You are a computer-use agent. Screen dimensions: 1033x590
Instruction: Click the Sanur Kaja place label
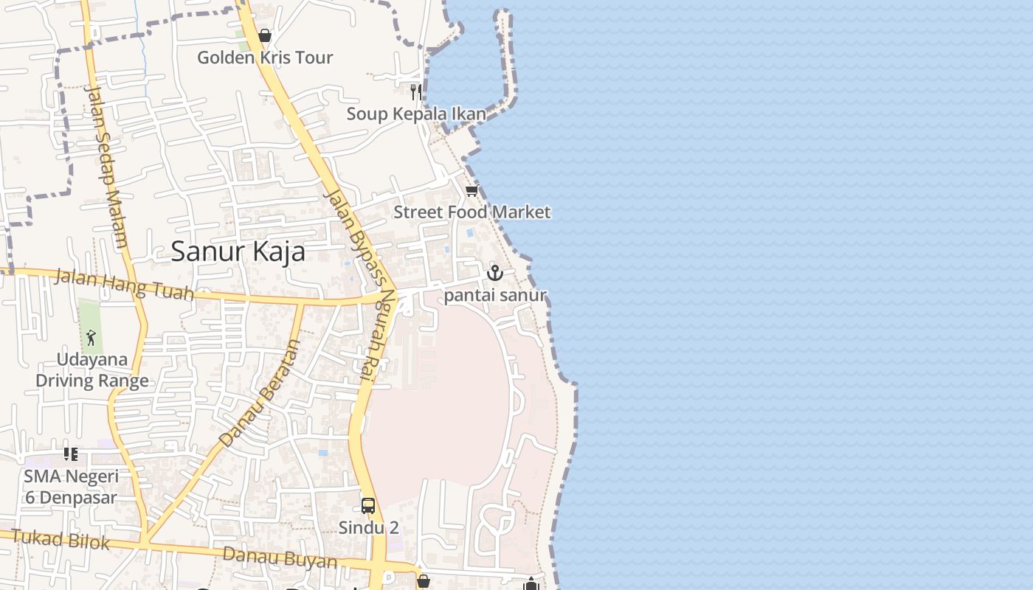point(238,251)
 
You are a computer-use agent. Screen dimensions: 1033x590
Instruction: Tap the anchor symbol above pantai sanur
point(494,273)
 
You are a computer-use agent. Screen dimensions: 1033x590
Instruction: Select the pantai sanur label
point(495,296)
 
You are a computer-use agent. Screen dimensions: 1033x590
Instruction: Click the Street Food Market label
point(471,212)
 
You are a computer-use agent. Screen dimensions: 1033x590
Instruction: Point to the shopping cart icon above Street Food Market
point(471,191)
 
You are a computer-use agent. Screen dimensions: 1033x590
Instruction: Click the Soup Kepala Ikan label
point(416,114)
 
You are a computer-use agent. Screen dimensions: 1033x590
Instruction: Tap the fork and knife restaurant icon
point(416,92)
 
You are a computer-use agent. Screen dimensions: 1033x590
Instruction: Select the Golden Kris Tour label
point(265,58)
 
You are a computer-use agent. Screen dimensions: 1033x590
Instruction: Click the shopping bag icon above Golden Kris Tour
point(265,35)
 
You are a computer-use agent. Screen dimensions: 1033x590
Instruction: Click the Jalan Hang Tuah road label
point(124,285)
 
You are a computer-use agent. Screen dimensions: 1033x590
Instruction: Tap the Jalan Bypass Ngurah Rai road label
point(356,284)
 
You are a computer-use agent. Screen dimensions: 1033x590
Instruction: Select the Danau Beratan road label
point(261,392)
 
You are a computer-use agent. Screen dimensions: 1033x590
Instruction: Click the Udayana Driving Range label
point(92,370)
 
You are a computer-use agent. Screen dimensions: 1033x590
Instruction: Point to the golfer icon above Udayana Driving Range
point(91,338)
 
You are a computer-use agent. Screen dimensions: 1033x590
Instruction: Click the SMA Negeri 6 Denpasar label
point(71,487)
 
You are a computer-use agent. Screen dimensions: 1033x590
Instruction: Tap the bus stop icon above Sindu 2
point(368,506)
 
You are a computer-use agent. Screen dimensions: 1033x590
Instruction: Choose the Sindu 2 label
point(368,527)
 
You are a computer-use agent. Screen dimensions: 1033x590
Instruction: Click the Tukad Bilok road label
point(61,540)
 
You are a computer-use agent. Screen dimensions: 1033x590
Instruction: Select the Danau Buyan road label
point(280,558)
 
